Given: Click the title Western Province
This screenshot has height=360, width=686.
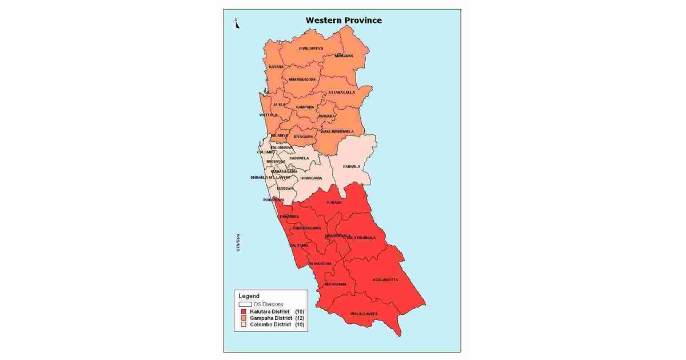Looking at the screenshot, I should (x=343, y=20).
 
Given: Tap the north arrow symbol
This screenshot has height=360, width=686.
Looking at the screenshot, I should (x=237, y=23).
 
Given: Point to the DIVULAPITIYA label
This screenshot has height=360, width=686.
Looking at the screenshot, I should (x=311, y=49).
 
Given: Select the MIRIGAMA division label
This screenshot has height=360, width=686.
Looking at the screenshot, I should (x=344, y=55).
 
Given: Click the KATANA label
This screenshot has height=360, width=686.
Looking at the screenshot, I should (x=277, y=67).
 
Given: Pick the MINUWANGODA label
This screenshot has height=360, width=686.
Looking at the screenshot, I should (x=302, y=79).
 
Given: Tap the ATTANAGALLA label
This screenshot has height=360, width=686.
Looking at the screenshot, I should (x=341, y=92).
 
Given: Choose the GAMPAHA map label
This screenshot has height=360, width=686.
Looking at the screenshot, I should (x=305, y=107).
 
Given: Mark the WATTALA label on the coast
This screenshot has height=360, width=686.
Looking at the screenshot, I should (x=268, y=115).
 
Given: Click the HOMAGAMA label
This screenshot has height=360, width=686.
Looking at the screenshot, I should (x=311, y=178).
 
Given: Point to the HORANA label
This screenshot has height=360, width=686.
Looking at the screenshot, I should (x=334, y=202).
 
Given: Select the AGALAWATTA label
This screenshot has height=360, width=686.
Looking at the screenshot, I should (x=385, y=279).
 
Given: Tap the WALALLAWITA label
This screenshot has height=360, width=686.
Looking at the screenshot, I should (x=364, y=314).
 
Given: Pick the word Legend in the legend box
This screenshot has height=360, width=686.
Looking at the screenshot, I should (x=249, y=296).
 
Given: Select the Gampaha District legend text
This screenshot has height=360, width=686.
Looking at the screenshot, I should (x=271, y=318).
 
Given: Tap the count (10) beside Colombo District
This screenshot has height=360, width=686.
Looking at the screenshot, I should (x=300, y=325).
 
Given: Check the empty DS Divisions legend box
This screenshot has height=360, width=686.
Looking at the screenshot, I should (x=245, y=304).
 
